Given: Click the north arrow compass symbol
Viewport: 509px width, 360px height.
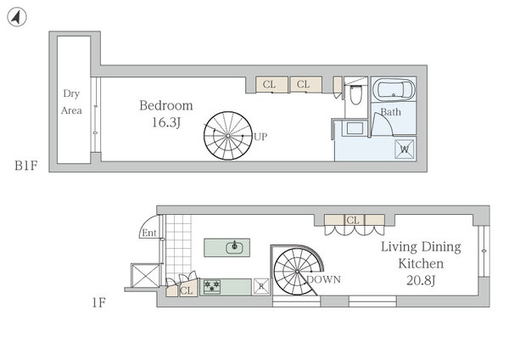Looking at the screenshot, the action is click(17, 17).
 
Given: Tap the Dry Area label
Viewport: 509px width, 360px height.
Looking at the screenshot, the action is click(71, 102).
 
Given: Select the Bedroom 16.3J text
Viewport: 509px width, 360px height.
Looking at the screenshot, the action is click(166, 114).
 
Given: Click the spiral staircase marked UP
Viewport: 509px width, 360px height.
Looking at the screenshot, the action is click(228, 136).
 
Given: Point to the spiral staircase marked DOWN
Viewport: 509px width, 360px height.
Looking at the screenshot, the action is click(297, 271).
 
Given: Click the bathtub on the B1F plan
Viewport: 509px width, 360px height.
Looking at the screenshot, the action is click(394, 89).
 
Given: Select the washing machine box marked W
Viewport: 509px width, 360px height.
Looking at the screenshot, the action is click(405, 149).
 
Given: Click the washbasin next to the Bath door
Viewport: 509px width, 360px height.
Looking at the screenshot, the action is click(355, 128).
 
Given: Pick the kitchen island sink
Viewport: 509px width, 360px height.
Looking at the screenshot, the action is click(234, 247).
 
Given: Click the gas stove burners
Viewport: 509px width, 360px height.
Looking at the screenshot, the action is click(211, 286).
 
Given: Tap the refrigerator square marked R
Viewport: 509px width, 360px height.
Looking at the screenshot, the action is click(261, 287).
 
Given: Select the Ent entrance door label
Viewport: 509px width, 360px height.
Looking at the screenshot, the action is click(149, 233).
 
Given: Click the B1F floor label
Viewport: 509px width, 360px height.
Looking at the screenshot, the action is click(26, 166).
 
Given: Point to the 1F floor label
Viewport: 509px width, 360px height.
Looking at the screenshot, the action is click(98, 303).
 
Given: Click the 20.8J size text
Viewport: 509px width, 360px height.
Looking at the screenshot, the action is click(421, 280).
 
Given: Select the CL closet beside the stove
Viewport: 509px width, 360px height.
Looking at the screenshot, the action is click(188, 288).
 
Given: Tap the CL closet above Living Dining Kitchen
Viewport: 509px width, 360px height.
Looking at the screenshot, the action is click(354, 220).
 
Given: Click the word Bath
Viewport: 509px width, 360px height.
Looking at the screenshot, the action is click(390, 112).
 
